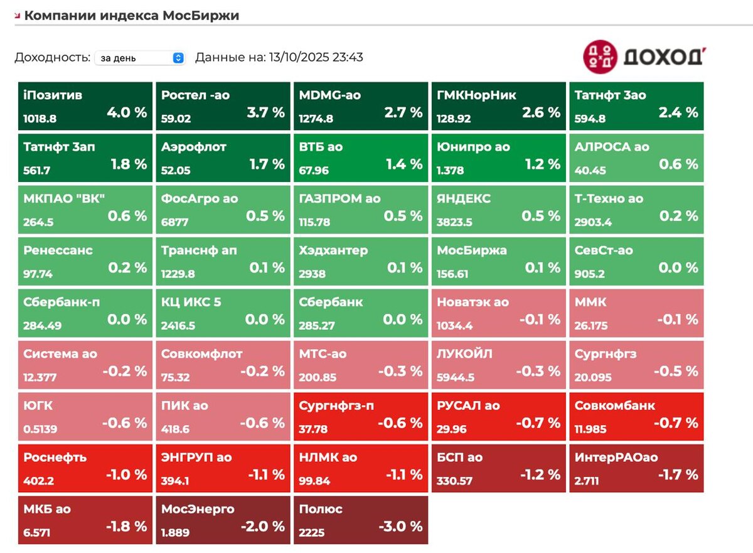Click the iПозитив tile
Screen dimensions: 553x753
point(85,105)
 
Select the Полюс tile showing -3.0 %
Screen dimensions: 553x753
point(361,520)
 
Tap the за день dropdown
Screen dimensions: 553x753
point(140,58)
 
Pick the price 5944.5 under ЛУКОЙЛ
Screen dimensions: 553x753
point(455,378)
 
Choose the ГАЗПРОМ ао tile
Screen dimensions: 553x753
point(361,209)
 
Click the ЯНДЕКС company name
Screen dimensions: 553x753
point(464,199)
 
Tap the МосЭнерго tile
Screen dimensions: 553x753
point(223,520)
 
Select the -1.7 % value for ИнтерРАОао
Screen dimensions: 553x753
point(678,475)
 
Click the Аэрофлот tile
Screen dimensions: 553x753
point(223,157)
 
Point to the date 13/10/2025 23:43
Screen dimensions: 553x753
point(316,58)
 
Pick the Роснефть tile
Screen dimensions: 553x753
point(85,468)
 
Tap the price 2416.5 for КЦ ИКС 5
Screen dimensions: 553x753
point(178,326)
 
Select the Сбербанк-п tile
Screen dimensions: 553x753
point(85,313)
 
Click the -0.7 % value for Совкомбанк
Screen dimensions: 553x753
point(676,423)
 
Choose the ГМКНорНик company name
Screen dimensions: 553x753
point(476,95)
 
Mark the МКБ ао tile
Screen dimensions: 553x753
point(85,520)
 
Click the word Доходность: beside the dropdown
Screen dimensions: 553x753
point(53,58)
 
